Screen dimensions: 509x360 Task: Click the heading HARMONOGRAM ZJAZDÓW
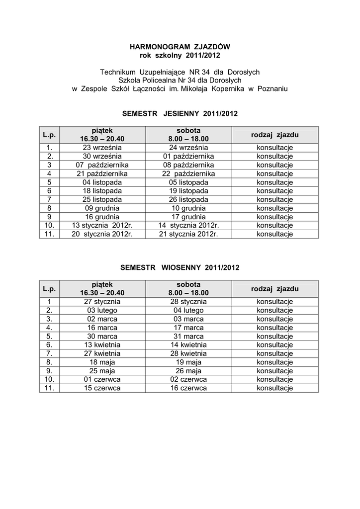click(180, 46)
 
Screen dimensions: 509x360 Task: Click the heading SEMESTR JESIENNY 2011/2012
click(180, 114)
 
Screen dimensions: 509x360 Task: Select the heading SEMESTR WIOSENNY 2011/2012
click(180, 267)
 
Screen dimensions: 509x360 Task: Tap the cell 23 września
click(102, 148)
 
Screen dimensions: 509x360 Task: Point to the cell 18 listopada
click(102, 191)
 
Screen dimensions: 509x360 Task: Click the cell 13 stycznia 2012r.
click(102, 225)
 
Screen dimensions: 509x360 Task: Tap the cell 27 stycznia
click(102, 301)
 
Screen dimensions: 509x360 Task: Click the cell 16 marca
click(102, 328)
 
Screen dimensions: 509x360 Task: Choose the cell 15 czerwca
click(102, 388)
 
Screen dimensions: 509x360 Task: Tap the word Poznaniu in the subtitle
click(271, 88)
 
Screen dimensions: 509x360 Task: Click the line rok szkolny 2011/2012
click(180, 55)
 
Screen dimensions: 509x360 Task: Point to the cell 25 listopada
click(102, 199)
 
